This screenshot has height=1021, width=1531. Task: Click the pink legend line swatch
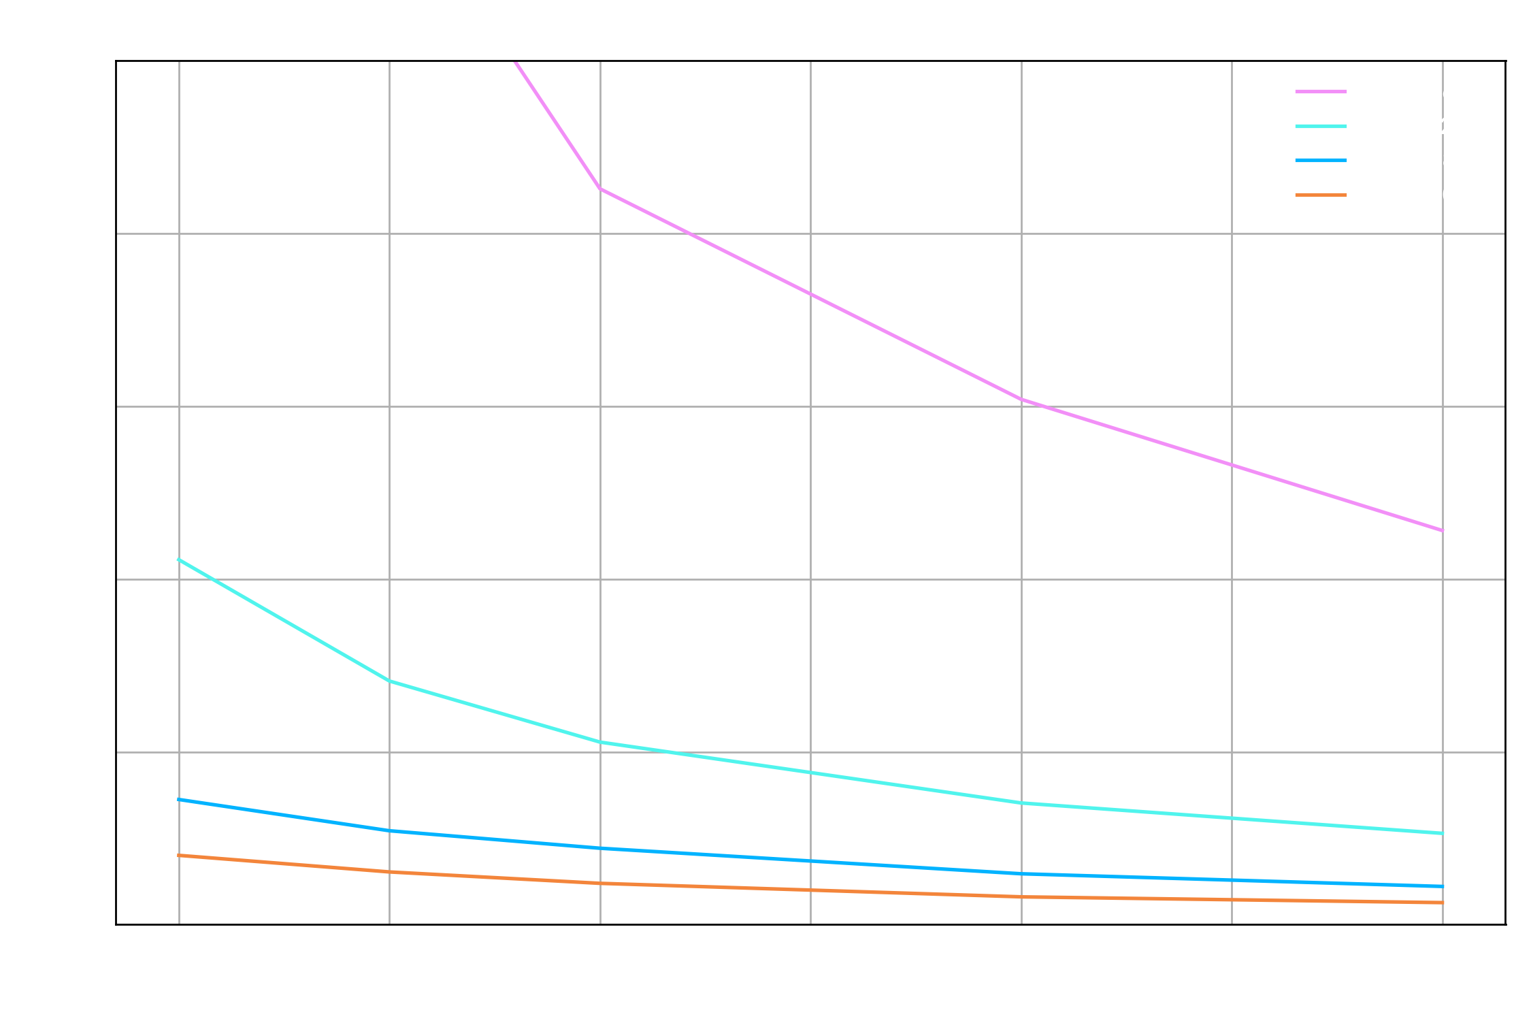(1321, 91)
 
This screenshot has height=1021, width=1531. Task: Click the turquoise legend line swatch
(1321, 126)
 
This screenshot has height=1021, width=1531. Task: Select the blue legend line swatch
(1321, 161)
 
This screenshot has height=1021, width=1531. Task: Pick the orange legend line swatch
(1321, 195)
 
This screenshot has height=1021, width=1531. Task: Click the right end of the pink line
(1443, 530)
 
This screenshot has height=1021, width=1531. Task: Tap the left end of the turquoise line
(179, 560)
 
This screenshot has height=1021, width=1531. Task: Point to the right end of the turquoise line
(1443, 833)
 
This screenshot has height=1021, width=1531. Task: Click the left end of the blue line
(179, 799)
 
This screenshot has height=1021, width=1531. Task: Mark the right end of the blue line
(1443, 886)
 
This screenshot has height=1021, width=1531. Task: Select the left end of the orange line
(179, 855)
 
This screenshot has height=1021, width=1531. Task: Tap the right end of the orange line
(1443, 903)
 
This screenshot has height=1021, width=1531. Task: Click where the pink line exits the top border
(515, 62)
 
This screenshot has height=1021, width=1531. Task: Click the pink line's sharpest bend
(600, 189)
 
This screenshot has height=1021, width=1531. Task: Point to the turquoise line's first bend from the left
(390, 681)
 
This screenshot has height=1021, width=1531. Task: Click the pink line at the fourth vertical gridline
(810, 294)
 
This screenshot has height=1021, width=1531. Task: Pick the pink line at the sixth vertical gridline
(1232, 465)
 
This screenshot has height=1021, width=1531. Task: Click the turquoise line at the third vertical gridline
(600, 742)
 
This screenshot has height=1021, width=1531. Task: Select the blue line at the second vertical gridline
(390, 830)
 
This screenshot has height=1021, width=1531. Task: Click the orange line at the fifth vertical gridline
(1021, 897)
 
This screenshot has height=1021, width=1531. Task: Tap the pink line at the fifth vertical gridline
(1021, 400)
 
